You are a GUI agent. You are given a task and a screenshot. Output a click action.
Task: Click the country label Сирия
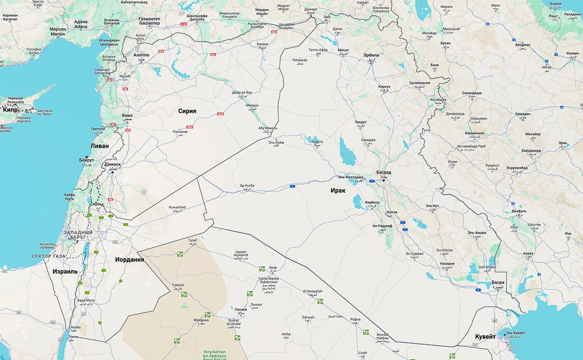(187, 111)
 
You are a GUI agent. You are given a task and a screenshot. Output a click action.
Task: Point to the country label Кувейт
(485, 336)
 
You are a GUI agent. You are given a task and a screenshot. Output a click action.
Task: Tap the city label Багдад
(383, 172)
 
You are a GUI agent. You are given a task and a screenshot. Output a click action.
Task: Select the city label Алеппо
(142, 55)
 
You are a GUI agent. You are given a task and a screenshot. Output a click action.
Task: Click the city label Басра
(498, 283)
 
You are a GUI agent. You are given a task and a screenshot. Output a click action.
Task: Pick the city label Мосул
(343, 50)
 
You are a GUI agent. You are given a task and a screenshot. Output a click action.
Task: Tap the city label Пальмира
(180, 132)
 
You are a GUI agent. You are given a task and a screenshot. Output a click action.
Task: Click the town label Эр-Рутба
(247, 186)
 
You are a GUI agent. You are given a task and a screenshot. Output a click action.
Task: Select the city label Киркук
(384, 87)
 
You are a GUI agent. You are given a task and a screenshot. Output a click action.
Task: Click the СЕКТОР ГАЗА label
(48, 256)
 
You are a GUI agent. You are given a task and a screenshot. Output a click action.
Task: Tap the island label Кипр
(10, 110)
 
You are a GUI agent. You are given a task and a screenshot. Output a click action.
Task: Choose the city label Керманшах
(474, 133)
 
